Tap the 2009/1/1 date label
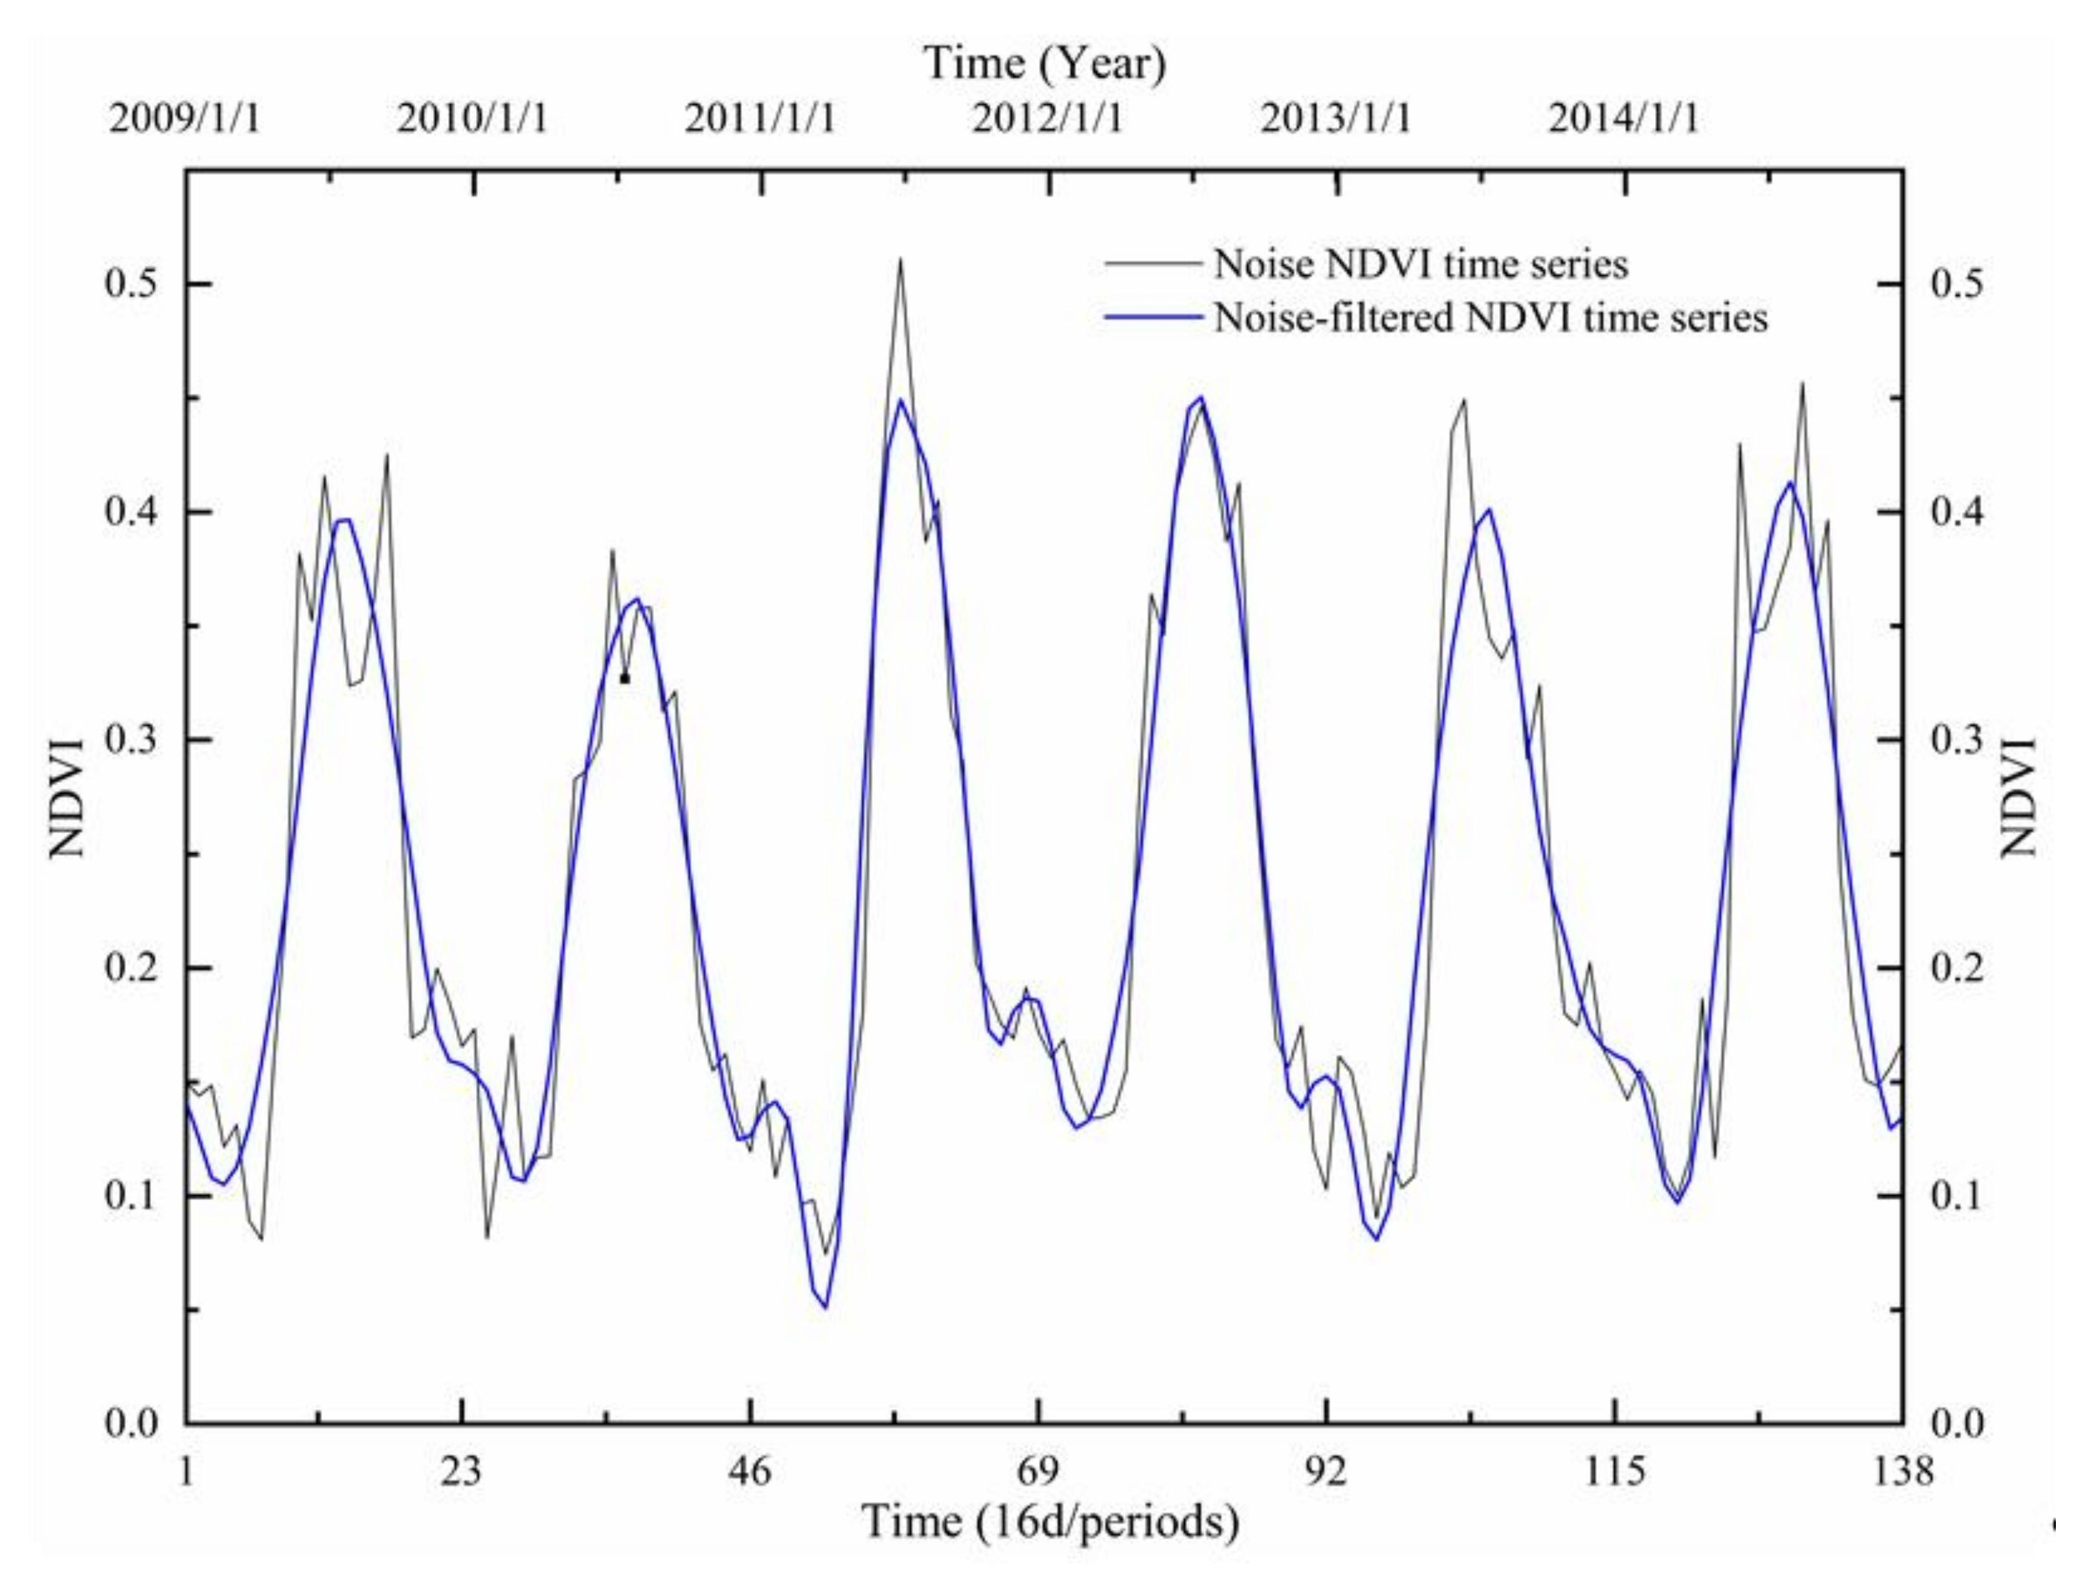point(184,118)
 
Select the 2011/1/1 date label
point(760,118)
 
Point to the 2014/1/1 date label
point(1623,118)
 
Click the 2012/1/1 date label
point(1047,118)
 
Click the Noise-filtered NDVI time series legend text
point(1491,317)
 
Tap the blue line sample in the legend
point(1153,317)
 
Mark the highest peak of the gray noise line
point(899,259)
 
